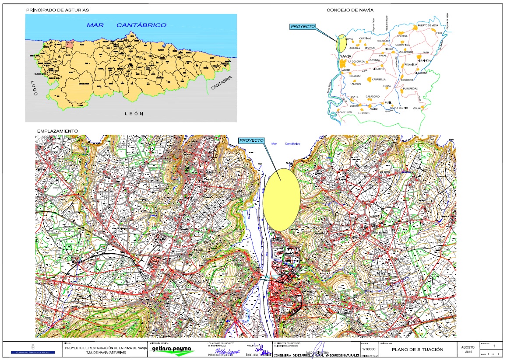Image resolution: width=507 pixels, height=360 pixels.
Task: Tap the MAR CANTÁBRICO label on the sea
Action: (x=127, y=25)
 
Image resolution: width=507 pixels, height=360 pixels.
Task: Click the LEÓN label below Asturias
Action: (x=134, y=113)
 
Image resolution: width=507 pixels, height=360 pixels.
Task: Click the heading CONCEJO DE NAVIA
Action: (x=353, y=10)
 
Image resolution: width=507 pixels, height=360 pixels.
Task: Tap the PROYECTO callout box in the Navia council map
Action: (x=303, y=27)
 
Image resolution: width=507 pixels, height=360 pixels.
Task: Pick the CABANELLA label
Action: (x=379, y=80)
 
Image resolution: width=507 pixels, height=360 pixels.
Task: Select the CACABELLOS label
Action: (x=344, y=112)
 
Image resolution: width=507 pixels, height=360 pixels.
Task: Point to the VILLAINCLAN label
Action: (x=425, y=61)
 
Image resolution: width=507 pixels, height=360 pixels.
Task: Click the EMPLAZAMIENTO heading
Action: (x=58, y=131)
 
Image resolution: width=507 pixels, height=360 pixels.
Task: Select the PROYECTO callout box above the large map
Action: (x=252, y=140)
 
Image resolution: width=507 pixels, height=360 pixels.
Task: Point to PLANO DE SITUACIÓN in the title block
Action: (x=417, y=350)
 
